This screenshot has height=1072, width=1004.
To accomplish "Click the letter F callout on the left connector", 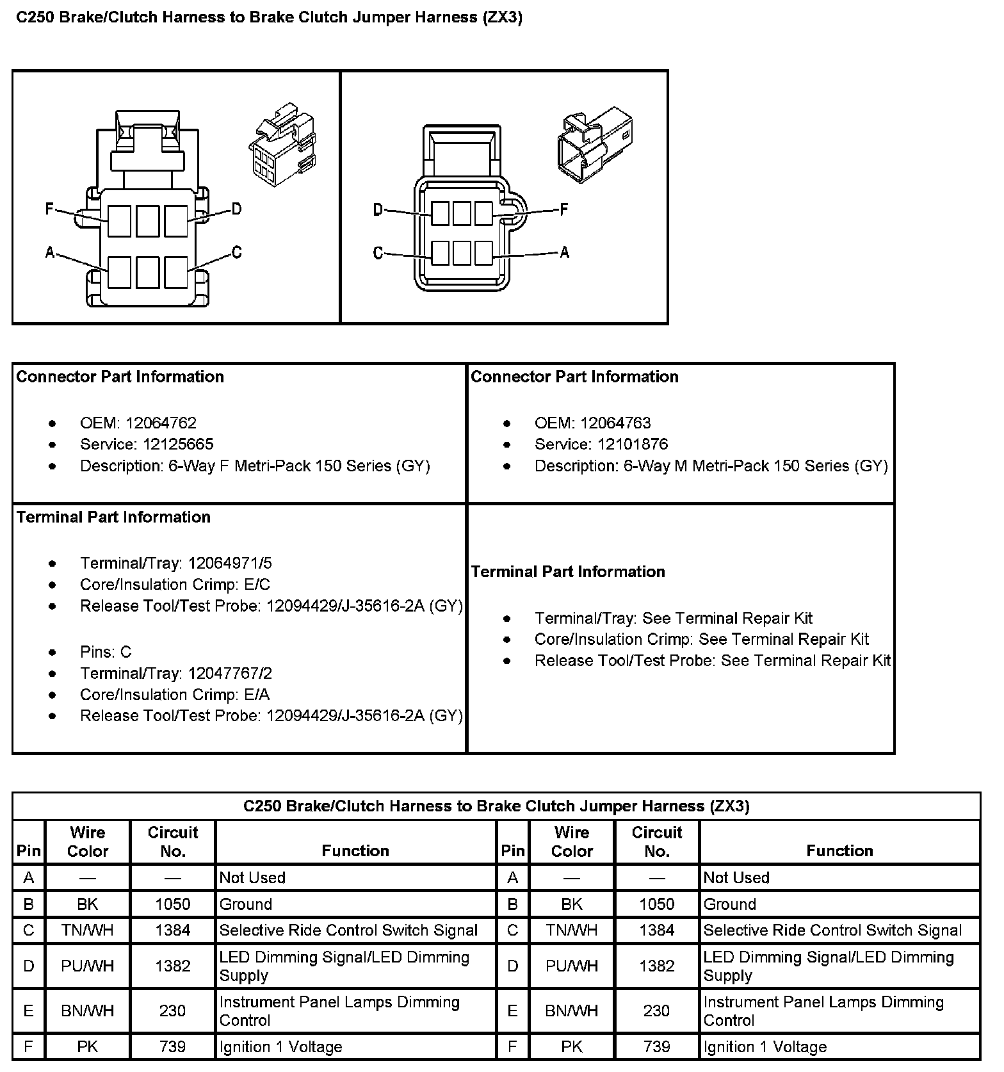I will coord(49,209).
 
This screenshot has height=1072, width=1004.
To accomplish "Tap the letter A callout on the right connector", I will coord(564,253).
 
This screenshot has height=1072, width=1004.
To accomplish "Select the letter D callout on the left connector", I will coord(236,209).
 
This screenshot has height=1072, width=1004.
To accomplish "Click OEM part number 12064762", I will coord(161,423).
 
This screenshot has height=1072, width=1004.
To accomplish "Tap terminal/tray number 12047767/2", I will coord(230,674).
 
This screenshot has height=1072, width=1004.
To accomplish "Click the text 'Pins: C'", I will coord(106,652).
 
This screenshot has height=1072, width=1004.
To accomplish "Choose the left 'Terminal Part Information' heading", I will coord(113,517).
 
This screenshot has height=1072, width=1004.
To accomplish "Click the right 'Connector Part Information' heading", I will coord(574,377).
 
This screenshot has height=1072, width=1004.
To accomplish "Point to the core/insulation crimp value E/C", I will coord(258,585).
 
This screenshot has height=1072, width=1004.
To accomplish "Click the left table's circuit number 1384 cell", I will coord(172,930).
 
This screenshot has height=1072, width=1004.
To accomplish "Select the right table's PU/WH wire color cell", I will coord(571,966).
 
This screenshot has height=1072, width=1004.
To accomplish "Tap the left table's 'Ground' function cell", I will coord(246,904).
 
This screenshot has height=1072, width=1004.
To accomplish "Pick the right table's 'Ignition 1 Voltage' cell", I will coord(765,1047).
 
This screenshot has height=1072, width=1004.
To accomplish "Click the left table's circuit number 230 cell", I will coord(172,1011).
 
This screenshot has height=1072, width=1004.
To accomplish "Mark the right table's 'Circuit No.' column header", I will coord(656,841).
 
